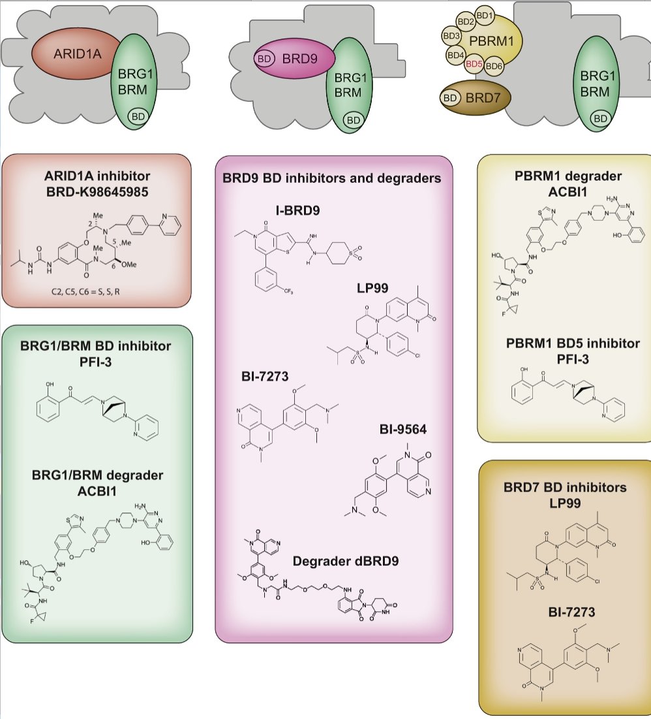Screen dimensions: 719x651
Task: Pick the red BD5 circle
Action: tap(474, 64)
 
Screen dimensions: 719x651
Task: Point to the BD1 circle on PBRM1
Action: tap(485, 14)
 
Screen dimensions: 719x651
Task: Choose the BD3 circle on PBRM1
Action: tap(451, 35)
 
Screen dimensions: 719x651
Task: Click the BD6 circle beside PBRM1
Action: tap(494, 65)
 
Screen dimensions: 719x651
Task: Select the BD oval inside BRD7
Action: tap(450, 98)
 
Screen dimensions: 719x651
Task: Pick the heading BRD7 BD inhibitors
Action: tap(564, 487)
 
